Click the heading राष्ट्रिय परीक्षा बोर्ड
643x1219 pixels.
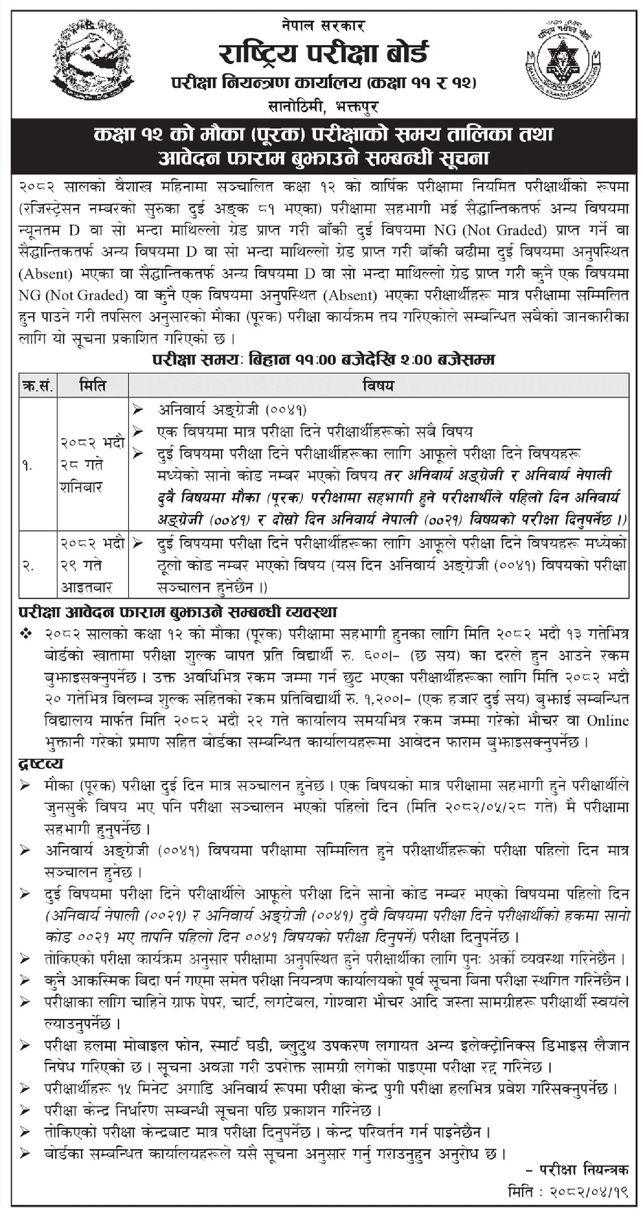323,53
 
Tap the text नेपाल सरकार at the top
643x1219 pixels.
323,25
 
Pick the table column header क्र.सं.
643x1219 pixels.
38,386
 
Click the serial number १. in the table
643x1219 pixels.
27,466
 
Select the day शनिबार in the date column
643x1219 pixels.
81,487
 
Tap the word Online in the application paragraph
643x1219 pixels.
608,721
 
